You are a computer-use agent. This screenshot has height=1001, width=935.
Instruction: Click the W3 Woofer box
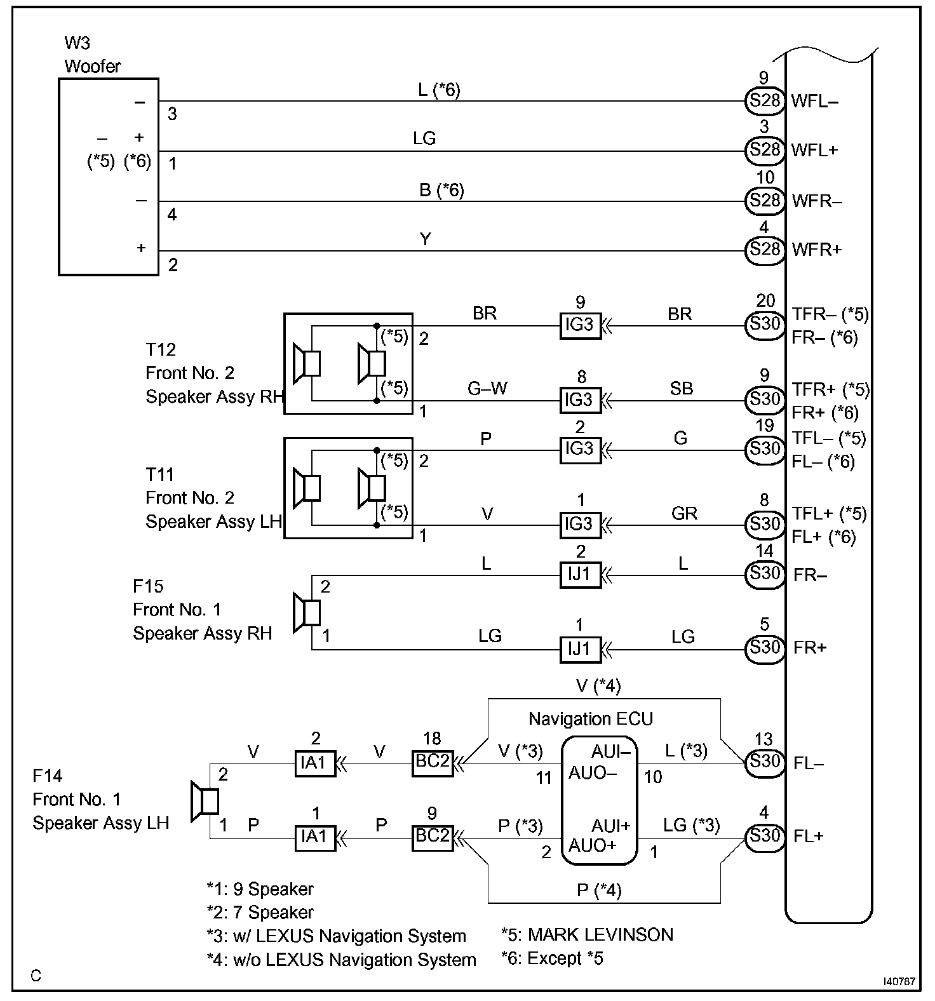tap(108, 177)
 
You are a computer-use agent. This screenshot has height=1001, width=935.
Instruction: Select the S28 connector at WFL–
tap(764, 100)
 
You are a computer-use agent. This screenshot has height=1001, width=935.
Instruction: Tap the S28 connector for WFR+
tap(764, 249)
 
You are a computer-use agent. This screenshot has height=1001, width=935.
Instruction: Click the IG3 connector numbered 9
tap(580, 325)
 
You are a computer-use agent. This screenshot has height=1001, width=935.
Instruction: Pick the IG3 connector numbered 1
tap(580, 524)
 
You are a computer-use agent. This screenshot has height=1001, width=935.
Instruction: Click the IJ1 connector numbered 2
tap(580, 574)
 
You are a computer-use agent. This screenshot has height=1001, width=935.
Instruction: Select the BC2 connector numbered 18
tap(433, 762)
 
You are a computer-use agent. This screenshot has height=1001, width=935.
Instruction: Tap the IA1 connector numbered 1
tap(314, 836)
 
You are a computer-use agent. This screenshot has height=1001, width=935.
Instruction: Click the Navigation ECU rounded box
tap(599, 800)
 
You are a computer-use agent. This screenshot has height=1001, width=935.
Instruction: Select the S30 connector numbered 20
tap(764, 325)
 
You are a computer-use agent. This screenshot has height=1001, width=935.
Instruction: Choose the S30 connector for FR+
tap(764, 647)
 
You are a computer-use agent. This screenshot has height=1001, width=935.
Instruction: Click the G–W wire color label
tap(487, 388)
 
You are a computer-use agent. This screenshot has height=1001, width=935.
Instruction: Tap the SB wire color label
tap(681, 388)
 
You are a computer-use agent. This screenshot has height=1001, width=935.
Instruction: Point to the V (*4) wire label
tap(598, 686)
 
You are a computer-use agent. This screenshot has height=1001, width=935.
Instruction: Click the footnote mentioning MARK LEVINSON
tap(586, 934)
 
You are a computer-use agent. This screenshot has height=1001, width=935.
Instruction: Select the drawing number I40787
tap(898, 981)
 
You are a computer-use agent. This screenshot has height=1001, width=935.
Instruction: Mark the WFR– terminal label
tap(817, 201)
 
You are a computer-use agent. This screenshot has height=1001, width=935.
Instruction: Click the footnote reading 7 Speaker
tap(260, 912)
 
